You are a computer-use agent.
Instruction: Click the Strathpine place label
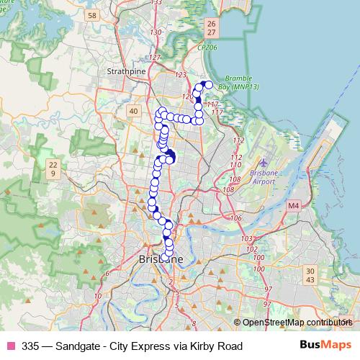click(x=126, y=72)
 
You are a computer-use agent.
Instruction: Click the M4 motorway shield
click(x=293, y=206)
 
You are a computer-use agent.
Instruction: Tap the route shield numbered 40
click(x=133, y=110)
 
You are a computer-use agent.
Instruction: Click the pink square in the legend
click(x=10, y=346)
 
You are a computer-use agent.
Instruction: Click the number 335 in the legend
click(x=32, y=346)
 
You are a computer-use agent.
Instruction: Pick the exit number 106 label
click(x=237, y=217)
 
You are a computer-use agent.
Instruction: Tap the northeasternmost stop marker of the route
click(x=210, y=85)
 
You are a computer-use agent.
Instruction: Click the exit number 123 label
click(x=180, y=75)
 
